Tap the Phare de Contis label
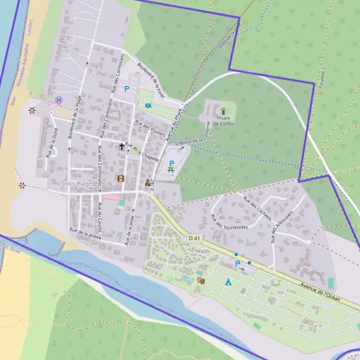[x=223, y=121]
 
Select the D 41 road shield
[x=194, y=238]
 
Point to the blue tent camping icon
[x=228, y=281]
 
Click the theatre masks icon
[x=200, y=280]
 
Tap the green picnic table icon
[x=172, y=171]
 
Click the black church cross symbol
[x=122, y=146]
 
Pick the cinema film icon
[x=121, y=178]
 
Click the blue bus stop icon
[x=148, y=106]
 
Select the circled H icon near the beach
[x=58, y=100]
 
